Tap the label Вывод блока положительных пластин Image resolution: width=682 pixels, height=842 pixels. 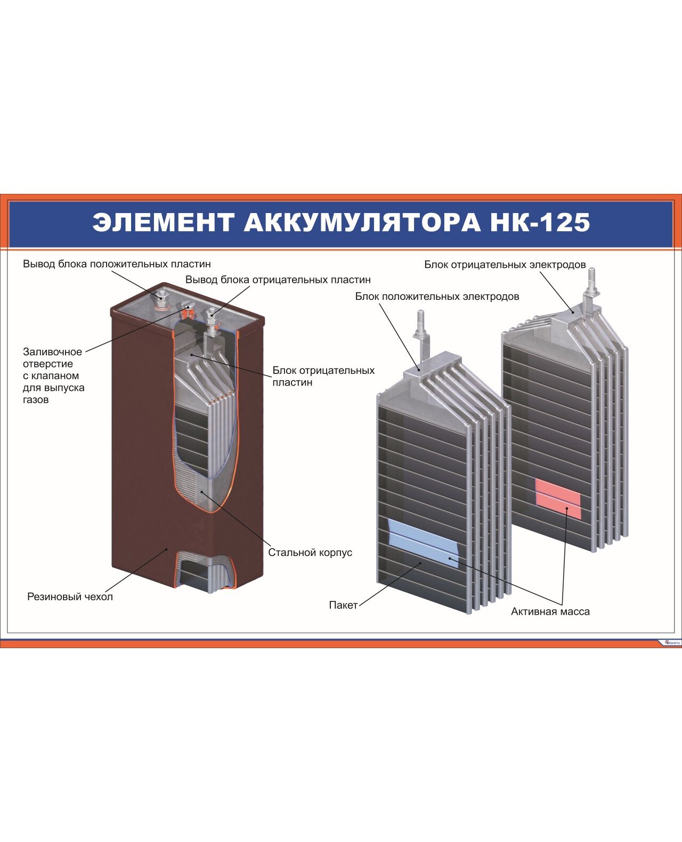point(117,264)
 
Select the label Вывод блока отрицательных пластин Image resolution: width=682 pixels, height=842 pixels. point(278,280)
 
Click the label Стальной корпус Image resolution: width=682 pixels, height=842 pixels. point(310,552)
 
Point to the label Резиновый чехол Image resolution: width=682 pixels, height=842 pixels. point(70,596)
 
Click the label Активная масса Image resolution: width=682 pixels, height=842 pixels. point(550,611)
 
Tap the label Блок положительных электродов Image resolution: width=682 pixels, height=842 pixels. point(437,296)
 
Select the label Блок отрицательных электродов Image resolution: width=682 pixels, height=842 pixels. point(505,265)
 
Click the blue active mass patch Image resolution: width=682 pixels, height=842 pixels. point(424,544)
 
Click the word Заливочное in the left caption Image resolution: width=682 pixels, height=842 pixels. point(53,351)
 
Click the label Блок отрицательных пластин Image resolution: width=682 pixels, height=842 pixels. point(323,377)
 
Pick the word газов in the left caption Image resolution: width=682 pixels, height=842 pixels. point(36,399)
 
